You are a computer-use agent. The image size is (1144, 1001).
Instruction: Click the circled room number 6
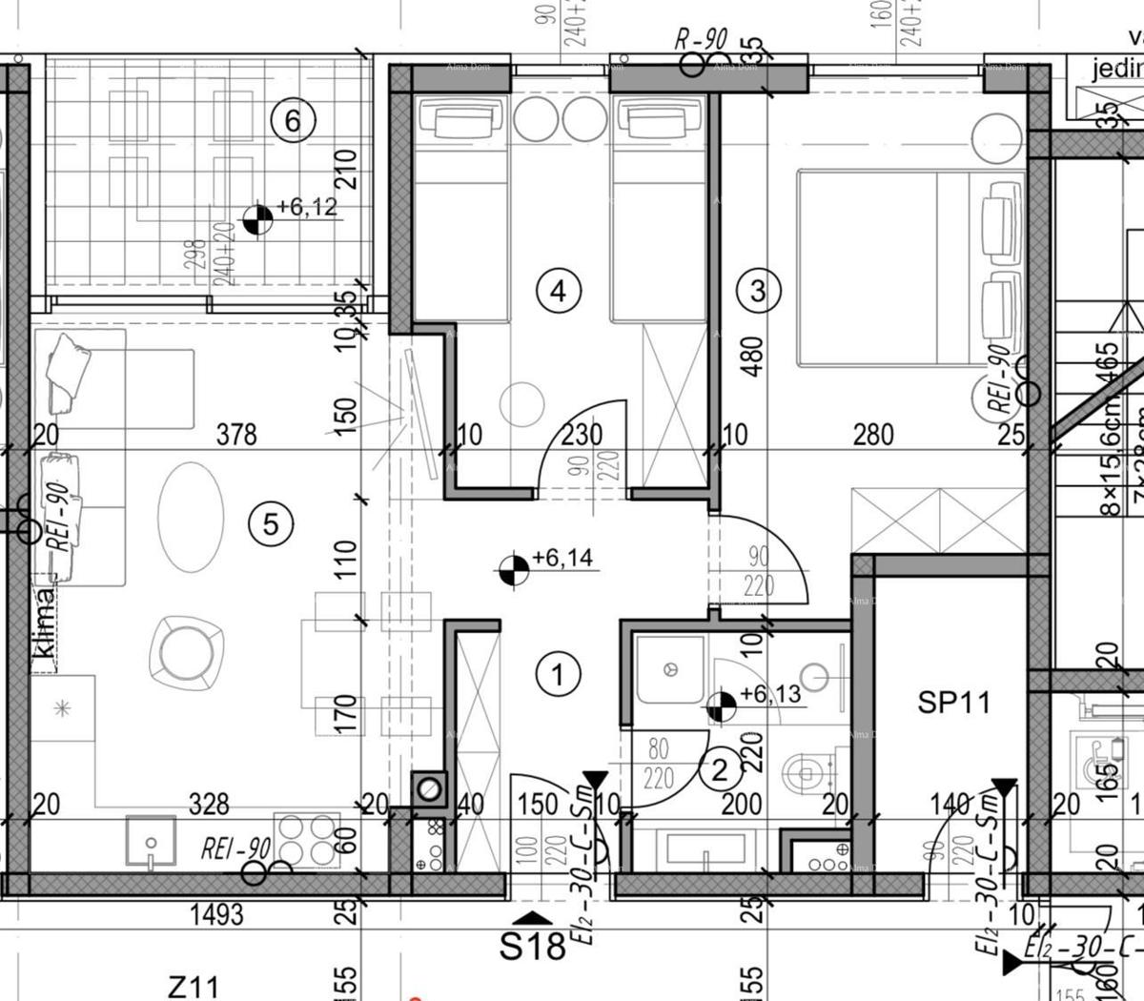tap(292, 121)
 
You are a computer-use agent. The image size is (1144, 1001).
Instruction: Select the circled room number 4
tap(558, 290)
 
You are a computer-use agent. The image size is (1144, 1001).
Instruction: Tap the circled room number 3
tap(758, 290)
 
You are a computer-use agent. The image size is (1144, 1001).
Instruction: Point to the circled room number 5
tap(271, 523)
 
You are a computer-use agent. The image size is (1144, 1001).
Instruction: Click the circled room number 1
tap(558, 675)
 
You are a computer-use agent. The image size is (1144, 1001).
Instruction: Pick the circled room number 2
tap(719, 768)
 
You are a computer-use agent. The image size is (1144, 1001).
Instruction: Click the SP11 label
tap(953, 704)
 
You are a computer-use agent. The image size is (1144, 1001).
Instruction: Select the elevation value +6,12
tap(307, 207)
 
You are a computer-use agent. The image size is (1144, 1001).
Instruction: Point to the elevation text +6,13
tap(770, 694)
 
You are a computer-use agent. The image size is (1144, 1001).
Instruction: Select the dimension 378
tap(236, 435)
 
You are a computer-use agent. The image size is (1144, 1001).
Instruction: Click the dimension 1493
tap(217, 915)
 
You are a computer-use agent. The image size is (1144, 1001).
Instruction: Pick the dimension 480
tap(753, 357)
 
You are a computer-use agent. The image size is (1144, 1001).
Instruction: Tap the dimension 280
tap(872, 435)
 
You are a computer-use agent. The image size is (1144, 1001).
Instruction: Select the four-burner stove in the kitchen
tap(307, 839)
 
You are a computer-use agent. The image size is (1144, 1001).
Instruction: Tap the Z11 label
tap(194, 986)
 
